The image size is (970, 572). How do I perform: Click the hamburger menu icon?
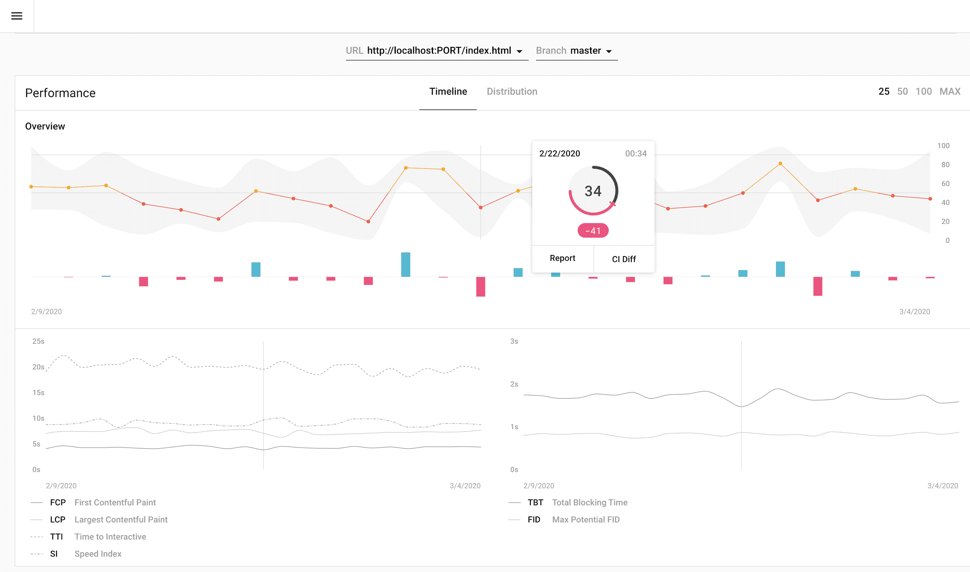tap(17, 16)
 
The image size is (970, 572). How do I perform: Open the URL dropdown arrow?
tap(519, 51)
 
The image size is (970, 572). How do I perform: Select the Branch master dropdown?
tap(576, 51)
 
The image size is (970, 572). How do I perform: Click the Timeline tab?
tap(448, 92)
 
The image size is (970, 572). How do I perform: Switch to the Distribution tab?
tap(512, 92)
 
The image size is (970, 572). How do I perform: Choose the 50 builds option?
tap(902, 92)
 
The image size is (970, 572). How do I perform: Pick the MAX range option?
tap(949, 92)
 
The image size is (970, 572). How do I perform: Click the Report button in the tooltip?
tap(562, 258)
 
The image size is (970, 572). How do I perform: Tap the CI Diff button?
tap(624, 259)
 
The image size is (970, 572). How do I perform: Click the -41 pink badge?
tap(592, 231)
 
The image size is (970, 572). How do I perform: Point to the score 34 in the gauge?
tap(592, 191)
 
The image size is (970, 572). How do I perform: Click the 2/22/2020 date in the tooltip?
tap(559, 154)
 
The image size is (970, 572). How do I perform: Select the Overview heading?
tap(45, 127)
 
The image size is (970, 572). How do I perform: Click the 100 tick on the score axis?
tap(943, 146)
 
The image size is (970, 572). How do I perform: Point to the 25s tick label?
tap(38, 341)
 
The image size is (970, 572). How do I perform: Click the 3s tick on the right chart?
tap(514, 341)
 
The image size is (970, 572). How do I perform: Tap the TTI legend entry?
tap(56, 537)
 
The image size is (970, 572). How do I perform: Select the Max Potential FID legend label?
tap(585, 520)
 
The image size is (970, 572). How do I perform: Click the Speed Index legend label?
tap(98, 554)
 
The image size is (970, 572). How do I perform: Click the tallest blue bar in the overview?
tap(405, 265)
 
